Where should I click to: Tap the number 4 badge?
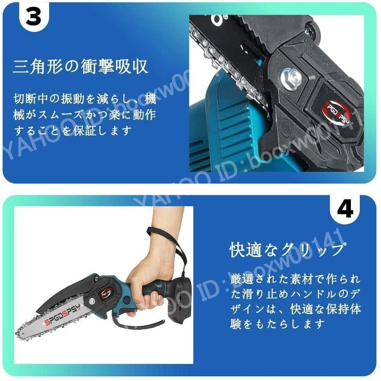(346, 210)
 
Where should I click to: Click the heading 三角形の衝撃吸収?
(80, 67)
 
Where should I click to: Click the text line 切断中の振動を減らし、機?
(85, 100)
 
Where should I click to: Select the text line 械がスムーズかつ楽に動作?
(85, 116)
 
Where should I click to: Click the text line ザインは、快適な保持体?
(295, 309)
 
